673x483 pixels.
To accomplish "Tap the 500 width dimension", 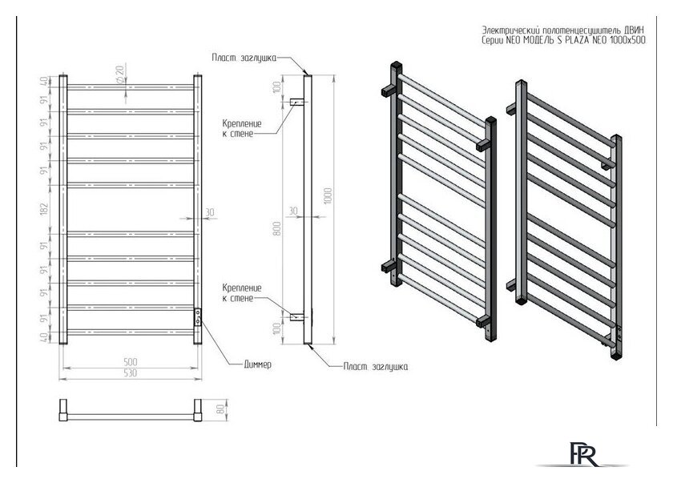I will (x=129, y=360).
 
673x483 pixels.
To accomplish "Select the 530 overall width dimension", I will (x=129, y=372).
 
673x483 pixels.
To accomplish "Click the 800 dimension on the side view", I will (x=276, y=227).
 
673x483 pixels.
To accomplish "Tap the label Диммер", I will (x=258, y=364).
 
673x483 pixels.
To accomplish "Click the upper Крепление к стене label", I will (x=239, y=129).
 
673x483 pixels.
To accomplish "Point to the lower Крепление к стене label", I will (x=239, y=292).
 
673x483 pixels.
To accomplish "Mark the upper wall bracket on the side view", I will (x=298, y=103).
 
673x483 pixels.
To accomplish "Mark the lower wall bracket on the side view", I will (x=298, y=316).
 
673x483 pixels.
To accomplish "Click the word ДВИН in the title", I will (x=630, y=31).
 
